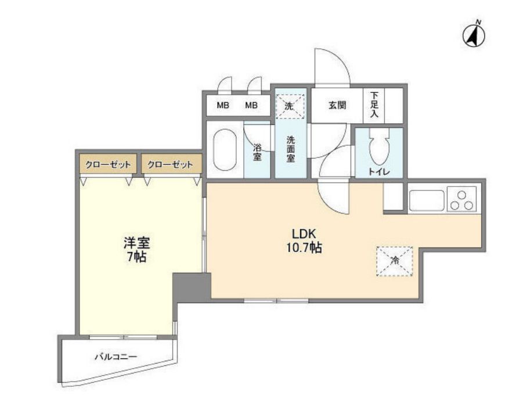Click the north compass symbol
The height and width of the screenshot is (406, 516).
pyautogui.click(x=474, y=35)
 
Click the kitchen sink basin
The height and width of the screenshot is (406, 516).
pyautogui.click(x=427, y=200)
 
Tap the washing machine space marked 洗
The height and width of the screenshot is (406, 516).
pyautogui.click(x=289, y=106)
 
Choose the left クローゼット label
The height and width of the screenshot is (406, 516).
pyautogui.click(x=108, y=165)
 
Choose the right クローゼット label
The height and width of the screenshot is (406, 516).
pyautogui.click(x=171, y=165)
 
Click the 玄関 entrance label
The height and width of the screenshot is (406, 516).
pyautogui.click(x=337, y=106)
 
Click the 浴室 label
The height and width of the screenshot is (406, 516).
pyautogui.click(x=257, y=152)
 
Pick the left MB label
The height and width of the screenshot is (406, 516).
pyautogui.click(x=223, y=106)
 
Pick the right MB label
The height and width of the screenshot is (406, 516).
pyautogui.click(x=251, y=106)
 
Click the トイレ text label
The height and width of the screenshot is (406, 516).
pyautogui.click(x=379, y=172)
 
